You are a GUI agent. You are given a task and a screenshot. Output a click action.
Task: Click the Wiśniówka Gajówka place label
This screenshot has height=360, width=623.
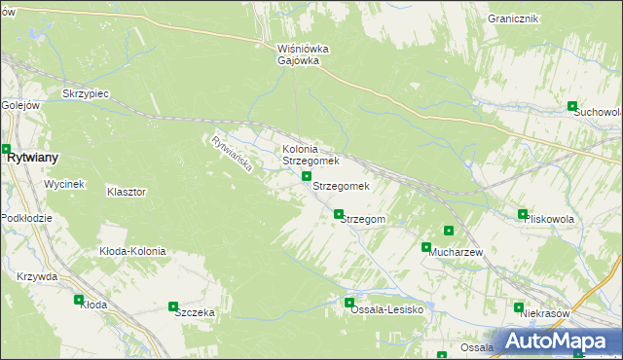pyautogui.click(x=304, y=54)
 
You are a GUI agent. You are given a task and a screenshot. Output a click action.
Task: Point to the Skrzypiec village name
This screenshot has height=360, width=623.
pyautogui.click(x=84, y=93)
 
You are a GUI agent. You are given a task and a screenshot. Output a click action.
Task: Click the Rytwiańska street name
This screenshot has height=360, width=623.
pyautogui.click(x=232, y=154)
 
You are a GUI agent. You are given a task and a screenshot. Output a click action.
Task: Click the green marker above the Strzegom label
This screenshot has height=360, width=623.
pyautogui.click(x=339, y=214)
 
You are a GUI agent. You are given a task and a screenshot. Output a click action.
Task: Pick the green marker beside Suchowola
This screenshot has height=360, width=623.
pyautogui.click(x=572, y=107)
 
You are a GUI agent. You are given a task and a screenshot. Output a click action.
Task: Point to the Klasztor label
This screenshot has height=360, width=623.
pyautogui.click(x=127, y=193)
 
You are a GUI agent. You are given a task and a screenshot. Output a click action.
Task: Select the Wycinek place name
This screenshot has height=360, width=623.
pyautogui.click(x=64, y=184)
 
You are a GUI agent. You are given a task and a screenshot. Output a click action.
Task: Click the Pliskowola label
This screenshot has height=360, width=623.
pyautogui.click(x=549, y=220)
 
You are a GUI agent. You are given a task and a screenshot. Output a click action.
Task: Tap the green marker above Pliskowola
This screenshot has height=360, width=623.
pyautogui.click(x=523, y=214)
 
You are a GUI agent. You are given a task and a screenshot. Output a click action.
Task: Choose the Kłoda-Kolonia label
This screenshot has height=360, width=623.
pyautogui.click(x=132, y=251)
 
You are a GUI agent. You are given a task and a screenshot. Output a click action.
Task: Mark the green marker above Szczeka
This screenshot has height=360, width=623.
pyautogui.click(x=174, y=306)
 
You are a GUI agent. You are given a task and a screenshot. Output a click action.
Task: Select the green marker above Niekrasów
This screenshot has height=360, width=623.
pyautogui.click(x=519, y=307)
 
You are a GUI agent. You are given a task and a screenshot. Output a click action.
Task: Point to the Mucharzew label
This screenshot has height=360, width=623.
pyautogui.click(x=457, y=252)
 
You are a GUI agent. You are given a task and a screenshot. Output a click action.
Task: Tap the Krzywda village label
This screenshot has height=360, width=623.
pyautogui.click(x=37, y=276)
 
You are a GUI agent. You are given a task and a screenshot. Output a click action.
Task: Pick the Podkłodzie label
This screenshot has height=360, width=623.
pyautogui.click(x=26, y=218)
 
